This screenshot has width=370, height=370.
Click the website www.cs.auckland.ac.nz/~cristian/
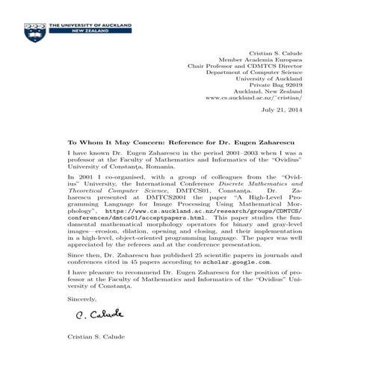coord(253,98)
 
